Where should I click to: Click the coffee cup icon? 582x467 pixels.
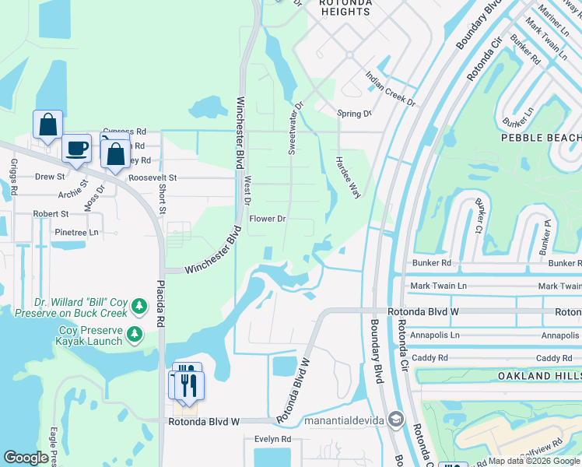tap(76, 148)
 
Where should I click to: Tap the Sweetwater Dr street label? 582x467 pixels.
tap(294, 128)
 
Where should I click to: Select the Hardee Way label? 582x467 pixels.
tap(346, 177)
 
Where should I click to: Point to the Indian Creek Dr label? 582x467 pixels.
tap(391, 90)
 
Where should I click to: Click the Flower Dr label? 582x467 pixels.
tap(268, 219)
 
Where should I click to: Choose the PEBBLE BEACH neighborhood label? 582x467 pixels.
tap(542, 137)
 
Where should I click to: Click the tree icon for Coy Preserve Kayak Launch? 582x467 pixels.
tap(135, 335)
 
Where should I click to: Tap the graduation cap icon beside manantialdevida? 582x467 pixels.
tap(395, 420)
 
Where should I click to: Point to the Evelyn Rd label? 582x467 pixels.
tap(272, 439)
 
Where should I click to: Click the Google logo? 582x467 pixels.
tap(26, 458)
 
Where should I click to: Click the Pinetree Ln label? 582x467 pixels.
tap(77, 232)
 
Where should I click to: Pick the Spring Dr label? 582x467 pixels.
tap(354, 114)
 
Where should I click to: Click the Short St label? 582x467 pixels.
tap(162, 198)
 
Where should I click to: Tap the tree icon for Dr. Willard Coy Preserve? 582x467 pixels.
tap(139, 307)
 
